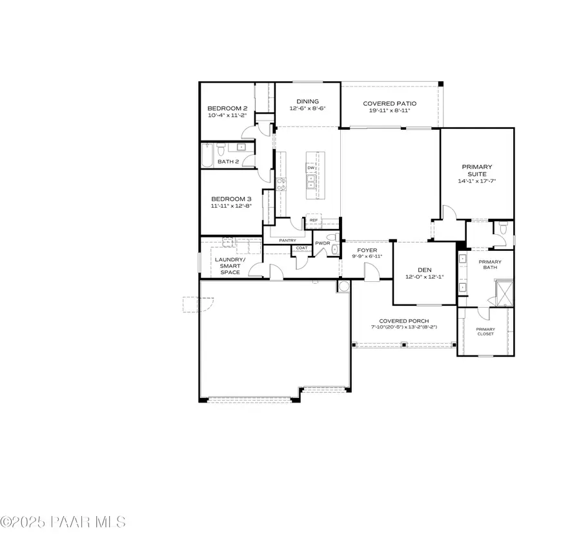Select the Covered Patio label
389,103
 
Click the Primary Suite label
476,171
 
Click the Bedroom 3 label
231,199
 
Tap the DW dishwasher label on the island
311,168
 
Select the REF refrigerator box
314,220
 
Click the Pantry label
287,241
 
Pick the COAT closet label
301,248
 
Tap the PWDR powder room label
322,243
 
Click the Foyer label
367,250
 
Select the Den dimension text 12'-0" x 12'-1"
424,277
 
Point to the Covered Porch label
404,321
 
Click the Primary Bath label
489,265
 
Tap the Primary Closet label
485,331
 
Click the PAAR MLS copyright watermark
63,522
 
